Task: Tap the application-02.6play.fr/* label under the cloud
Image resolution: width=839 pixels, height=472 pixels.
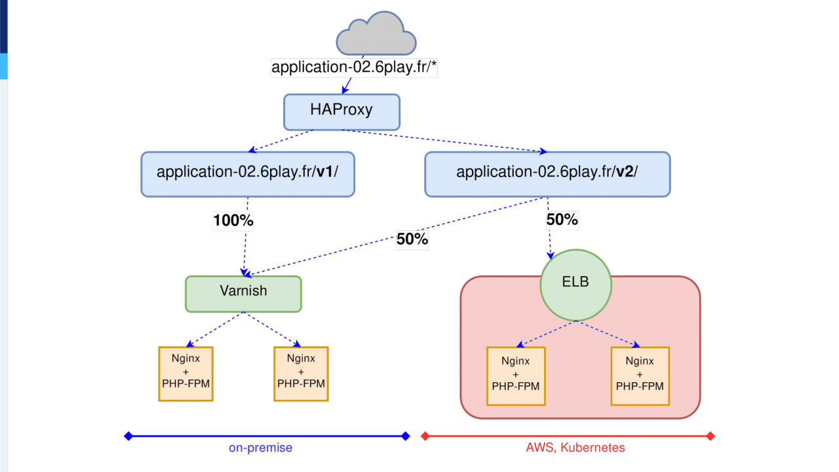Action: coord(354,68)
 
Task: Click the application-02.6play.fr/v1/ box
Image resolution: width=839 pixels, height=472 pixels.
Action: coord(248,174)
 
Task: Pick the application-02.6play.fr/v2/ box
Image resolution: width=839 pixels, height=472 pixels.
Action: coord(547,174)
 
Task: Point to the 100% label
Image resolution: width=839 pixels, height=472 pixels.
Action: coord(233,221)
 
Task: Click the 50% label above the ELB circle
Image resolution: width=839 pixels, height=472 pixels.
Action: coord(562,220)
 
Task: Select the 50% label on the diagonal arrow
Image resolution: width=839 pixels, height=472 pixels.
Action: coord(412,240)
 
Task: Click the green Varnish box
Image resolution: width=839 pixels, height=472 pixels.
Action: coord(243,294)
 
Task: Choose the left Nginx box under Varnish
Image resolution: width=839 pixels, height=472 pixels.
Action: coord(186,374)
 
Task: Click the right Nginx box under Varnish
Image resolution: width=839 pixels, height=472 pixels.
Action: coord(301,374)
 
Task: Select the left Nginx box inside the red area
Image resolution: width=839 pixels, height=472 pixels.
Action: coord(516,376)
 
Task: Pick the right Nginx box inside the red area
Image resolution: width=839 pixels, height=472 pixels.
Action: coord(640,376)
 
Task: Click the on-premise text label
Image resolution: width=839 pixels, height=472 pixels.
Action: coord(260,448)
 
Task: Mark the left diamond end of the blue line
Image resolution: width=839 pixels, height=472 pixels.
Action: coord(128,436)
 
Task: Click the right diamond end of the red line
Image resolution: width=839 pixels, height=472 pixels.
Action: coord(711,436)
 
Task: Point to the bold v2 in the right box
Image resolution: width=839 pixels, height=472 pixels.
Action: coord(625,172)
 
